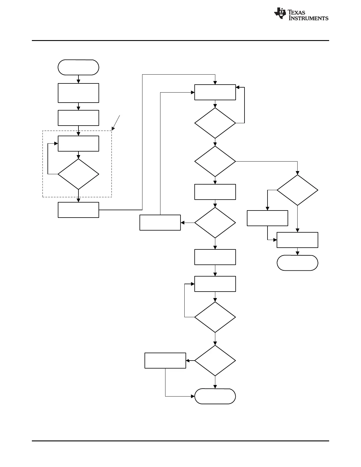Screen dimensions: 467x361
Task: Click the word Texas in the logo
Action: (x=296, y=12)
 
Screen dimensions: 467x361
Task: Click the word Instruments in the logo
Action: (x=308, y=18)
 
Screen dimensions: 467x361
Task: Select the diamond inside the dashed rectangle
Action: (x=78, y=174)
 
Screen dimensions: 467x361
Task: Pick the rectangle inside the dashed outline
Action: (x=78, y=144)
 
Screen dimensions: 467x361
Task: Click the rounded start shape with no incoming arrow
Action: (x=78, y=67)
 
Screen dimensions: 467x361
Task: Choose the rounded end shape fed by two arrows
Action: (x=215, y=396)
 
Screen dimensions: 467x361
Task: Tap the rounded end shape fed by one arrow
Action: (x=297, y=263)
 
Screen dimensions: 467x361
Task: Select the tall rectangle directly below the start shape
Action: (x=78, y=93)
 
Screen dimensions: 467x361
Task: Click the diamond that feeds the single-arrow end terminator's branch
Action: (x=297, y=190)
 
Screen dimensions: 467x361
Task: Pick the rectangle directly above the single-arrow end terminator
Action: (x=297, y=240)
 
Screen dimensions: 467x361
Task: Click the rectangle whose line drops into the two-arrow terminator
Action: (x=165, y=360)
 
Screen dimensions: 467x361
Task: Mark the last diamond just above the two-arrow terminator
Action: (x=215, y=360)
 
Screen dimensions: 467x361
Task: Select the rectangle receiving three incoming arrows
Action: (x=215, y=92)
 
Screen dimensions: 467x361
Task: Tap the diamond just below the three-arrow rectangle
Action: (x=215, y=123)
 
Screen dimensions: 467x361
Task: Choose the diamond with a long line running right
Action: (x=215, y=161)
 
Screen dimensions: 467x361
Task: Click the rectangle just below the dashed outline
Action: (x=78, y=210)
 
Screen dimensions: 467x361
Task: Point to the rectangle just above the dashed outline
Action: (x=78, y=118)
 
